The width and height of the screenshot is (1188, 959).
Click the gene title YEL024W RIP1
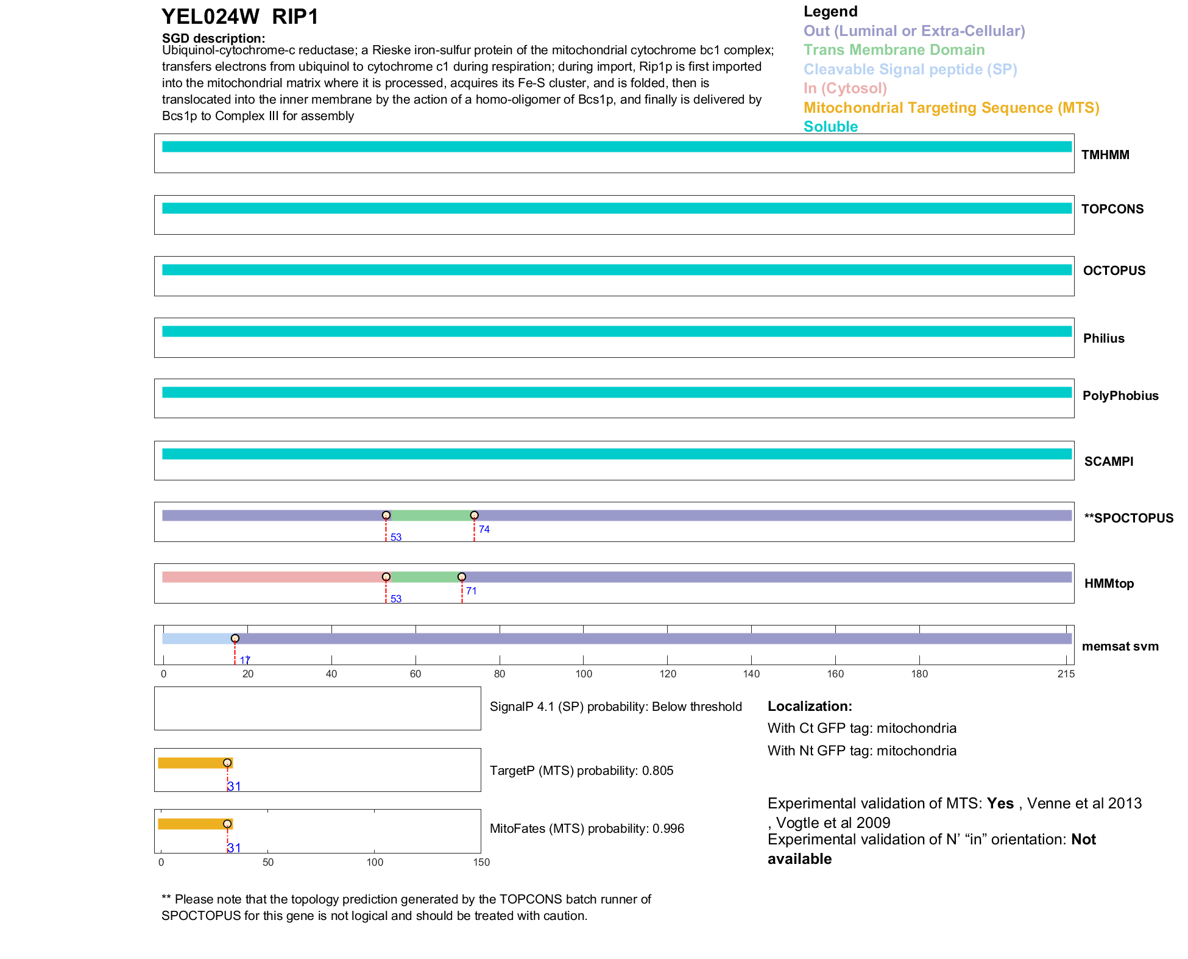pos(240,17)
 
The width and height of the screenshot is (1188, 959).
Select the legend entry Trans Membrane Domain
pos(894,50)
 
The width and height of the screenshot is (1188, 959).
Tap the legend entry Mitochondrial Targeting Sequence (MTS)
pos(951,108)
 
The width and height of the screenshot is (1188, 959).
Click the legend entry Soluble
pos(830,127)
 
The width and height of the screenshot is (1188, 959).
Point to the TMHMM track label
pos(1105,155)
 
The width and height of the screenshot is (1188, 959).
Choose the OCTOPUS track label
pos(1114,271)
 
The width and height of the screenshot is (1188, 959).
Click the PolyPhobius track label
pos(1120,396)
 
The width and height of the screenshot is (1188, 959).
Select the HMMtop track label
pos(1109,583)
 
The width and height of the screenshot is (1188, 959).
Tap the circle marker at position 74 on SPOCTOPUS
pos(475,515)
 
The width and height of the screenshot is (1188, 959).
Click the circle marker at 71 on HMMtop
pos(462,577)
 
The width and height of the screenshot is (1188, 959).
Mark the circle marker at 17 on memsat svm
pos(235,638)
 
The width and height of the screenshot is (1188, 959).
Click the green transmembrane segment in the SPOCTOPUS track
pos(430,516)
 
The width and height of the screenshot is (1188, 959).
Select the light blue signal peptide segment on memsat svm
pos(197,639)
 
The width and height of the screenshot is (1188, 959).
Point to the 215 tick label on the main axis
pos(1066,674)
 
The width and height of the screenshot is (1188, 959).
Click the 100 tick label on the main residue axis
pos(584,674)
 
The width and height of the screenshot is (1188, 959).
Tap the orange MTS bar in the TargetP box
pos(192,763)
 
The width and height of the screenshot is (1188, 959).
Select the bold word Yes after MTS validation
pos(1000,804)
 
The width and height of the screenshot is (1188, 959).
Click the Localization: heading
pos(809,706)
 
